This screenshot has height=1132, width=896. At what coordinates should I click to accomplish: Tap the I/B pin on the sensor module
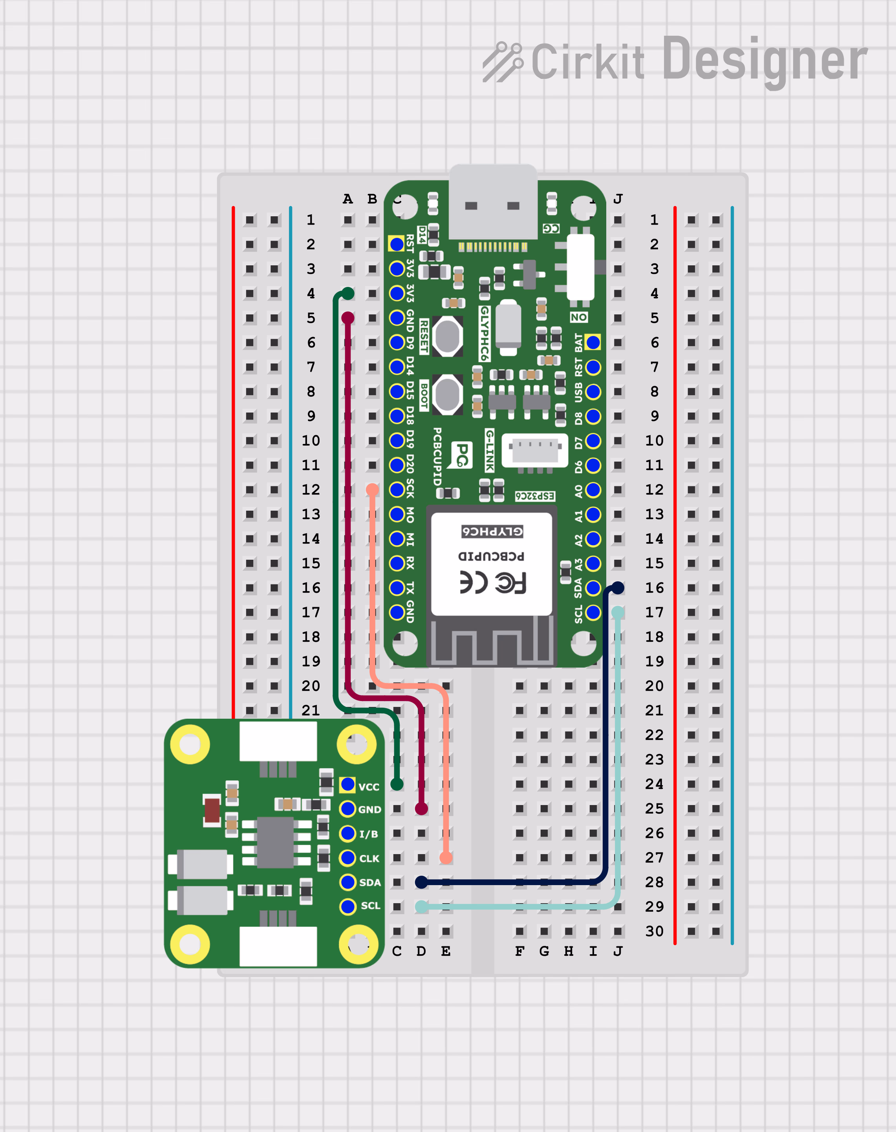pyautogui.click(x=347, y=833)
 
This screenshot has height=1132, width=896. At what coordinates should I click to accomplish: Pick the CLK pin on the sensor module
pyautogui.click(x=347, y=858)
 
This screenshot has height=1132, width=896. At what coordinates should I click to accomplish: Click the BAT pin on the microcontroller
pyautogui.click(x=593, y=342)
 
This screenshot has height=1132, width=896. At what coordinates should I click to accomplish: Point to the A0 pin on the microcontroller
pyautogui.click(x=593, y=490)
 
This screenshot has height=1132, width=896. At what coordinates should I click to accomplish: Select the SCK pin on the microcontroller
pyautogui.click(x=397, y=490)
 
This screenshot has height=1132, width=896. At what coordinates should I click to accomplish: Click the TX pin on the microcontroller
pyautogui.click(x=397, y=588)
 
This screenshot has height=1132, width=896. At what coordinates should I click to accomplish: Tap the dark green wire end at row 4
pyautogui.click(x=347, y=293)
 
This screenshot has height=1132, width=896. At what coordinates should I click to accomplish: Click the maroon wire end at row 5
pyautogui.click(x=347, y=318)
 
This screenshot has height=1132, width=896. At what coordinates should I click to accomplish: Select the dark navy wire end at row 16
pyautogui.click(x=618, y=588)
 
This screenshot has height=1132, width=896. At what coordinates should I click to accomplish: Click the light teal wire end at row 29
pyautogui.click(x=421, y=907)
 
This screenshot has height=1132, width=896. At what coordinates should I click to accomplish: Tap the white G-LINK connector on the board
pyautogui.click(x=534, y=450)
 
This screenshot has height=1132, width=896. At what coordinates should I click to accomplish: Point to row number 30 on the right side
pyautogui.click(x=654, y=931)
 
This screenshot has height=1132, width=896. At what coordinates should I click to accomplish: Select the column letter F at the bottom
pyautogui.click(x=519, y=951)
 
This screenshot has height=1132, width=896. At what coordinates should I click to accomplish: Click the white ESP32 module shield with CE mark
pyautogui.click(x=492, y=564)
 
